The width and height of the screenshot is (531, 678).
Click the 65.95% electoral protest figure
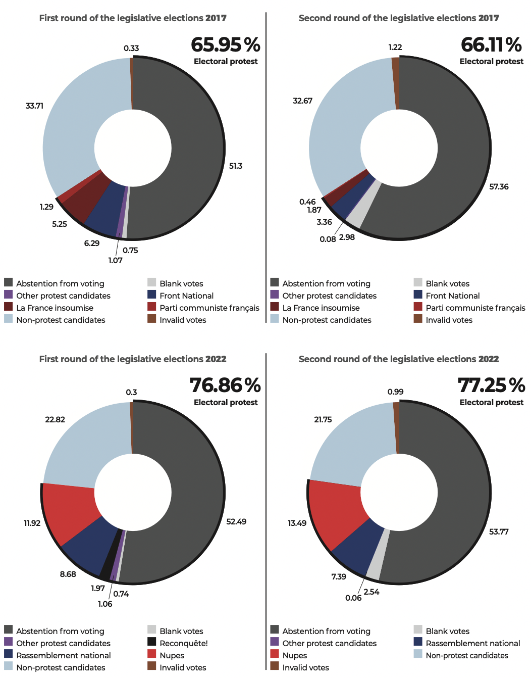(x=225, y=45)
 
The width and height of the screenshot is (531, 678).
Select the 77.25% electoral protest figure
(x=491, y=385)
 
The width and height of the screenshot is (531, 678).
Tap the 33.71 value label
(x=34, y=106)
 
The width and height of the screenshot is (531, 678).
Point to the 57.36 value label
(x=499, y=187)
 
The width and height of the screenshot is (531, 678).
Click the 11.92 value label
(x=32, y=523)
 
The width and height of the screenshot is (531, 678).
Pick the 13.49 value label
(x=297, y=523)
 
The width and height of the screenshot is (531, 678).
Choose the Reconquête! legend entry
(x=183, y=643)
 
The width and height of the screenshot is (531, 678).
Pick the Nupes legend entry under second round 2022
(x=294, y=655)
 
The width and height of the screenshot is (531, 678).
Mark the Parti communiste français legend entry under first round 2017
(x=209, y=308)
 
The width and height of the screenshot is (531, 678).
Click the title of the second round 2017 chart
(x=398, y=18)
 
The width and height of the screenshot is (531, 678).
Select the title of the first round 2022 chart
(x=133, y=359)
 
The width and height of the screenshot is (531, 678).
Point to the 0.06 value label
(x=353, y=598)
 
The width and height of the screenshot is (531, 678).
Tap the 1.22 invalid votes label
(x=395, y=47)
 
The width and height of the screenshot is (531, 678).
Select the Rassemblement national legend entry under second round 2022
(x=472, y=643)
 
